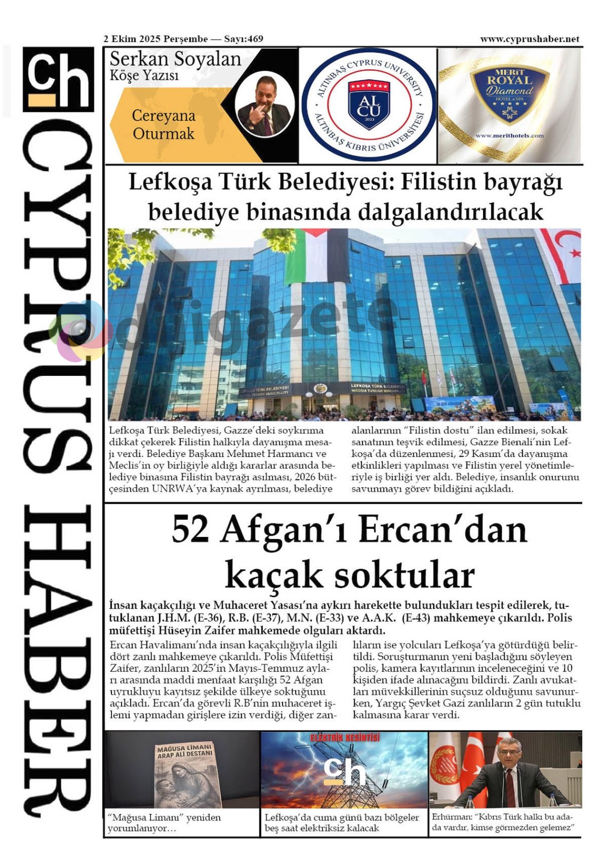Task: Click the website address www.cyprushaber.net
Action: click(x=529, y=39)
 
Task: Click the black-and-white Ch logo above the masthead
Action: click(x=58, y=79)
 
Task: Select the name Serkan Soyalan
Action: click(x=175, y=59)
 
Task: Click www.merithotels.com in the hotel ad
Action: click(x=509, y=135)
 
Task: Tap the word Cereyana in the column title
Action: click(x=163, y=116)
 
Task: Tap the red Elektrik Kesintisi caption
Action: click(x=345, y=738)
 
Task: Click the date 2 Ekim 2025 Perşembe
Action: click(x=156, y=39)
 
